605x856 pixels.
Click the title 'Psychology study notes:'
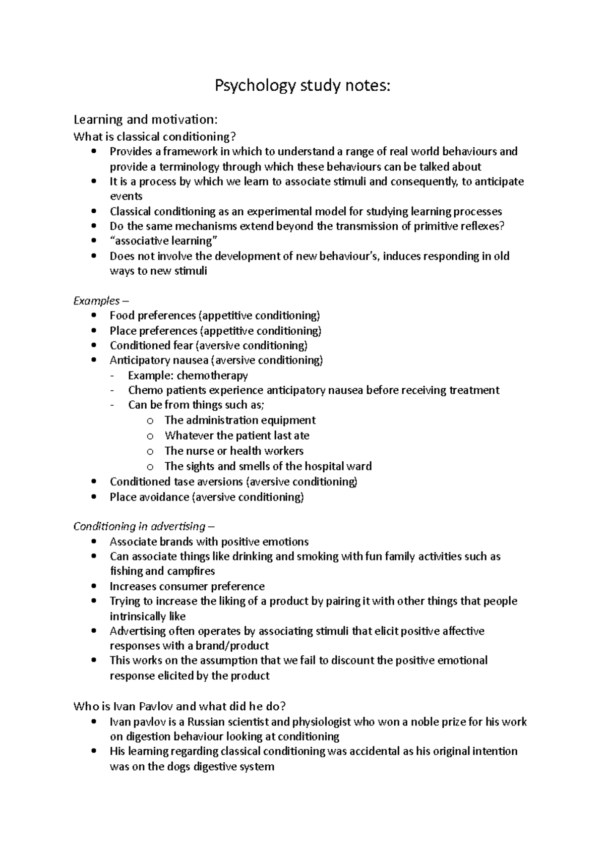[302, 86]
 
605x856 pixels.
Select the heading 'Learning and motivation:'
[146, 120]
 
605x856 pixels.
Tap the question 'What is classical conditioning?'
[154, 137]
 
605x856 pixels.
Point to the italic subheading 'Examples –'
[97, 301]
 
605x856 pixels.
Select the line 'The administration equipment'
[240, 420]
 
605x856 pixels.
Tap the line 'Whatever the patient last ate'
[237, 436]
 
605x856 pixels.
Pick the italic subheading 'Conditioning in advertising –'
[144, 527]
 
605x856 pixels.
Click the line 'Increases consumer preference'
[187, 586]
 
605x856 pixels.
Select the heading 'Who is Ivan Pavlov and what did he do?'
[180, 706]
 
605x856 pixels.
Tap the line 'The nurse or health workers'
[234, 451]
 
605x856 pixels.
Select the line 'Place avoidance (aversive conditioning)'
[207, 498]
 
